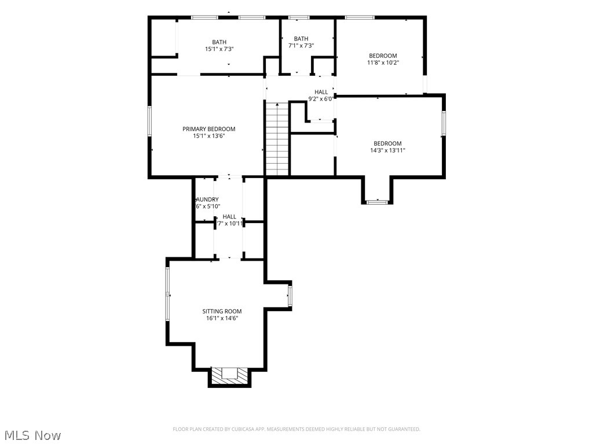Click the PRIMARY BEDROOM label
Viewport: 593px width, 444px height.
point(209,129)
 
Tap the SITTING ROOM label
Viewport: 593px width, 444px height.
point(222,311)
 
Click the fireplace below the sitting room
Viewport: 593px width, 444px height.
point(230,375)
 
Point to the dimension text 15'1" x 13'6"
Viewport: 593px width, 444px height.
point(209,136)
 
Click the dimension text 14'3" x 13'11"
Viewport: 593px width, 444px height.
point(387,150)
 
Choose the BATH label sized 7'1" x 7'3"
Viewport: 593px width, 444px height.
point(301,39)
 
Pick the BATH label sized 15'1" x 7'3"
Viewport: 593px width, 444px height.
point(219,42)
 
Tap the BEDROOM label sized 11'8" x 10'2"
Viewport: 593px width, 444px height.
point(383,55)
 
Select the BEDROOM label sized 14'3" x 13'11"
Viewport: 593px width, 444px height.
point(387,143)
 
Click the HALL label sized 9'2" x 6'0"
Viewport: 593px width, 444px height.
point(321,92)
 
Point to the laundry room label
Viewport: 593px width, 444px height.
point(207,199)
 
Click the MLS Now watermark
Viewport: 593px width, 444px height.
point(32,435)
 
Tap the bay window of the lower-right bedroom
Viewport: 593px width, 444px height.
point(378,202)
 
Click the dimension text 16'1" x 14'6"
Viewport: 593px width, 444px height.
point(222,318)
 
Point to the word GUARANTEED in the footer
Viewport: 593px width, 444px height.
point(402,429)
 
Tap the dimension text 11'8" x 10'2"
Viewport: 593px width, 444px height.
point(383,62)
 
